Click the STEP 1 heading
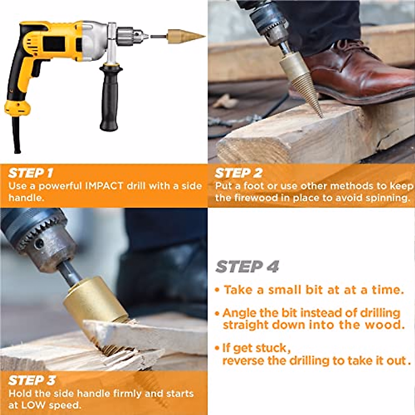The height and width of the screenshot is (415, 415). (30, 173)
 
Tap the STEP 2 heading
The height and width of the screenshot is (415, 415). (238, 173)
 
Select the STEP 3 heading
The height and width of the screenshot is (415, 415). (31, 380)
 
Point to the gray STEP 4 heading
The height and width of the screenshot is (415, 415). (247, 267)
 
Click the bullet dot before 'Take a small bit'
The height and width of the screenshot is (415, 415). (217, 290)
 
